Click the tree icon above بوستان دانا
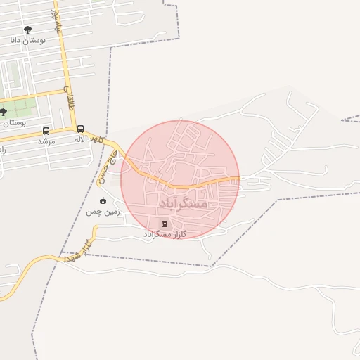pyautogui.click(x=27, y=30)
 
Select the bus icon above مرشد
pyautogui.click(x=46, y=130)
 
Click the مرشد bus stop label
pyautogui.click(x=46, y=141)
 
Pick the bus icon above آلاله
pyautogui.click(x=80, y=129)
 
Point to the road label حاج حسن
pyautogui.click(x=108, y=156)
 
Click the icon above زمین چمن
pyautogui.click(x=103, y=200)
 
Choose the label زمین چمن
pyautogui.click(x=103, y=211)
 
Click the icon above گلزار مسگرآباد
pyautogui.click(x=164, y=224)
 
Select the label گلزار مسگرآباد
pyautogui.click(x=163, y=234)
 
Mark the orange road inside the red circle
pyautogui.click(x=183, y=186)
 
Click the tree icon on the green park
pyautogui.click(x=3, y=112)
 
